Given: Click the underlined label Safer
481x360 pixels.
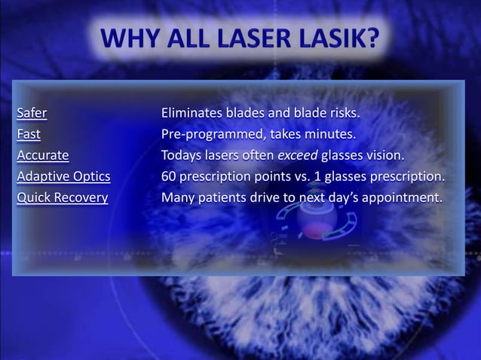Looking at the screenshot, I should pos(32,114).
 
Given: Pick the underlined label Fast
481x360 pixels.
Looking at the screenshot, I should pos(29,135).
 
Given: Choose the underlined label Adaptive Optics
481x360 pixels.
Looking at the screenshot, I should pos(63,177).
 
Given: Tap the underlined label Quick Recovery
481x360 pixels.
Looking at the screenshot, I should pos(62,198).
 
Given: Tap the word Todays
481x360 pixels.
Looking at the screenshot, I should pos(181,156).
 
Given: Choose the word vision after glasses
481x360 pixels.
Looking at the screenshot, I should pos(385,156).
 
